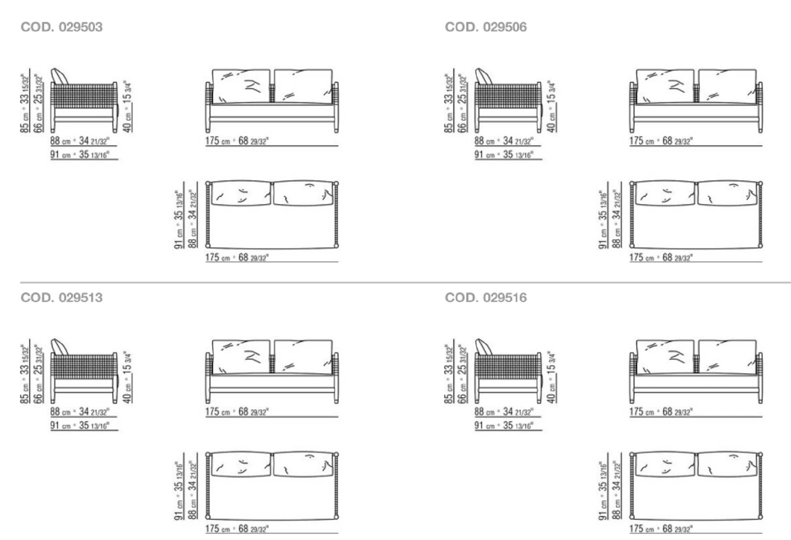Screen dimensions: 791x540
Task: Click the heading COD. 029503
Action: click(62, 27)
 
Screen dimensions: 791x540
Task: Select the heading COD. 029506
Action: click(486, 27)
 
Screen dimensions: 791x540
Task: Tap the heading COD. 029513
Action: click(62, 297)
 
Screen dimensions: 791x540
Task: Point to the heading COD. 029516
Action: click(486, 297)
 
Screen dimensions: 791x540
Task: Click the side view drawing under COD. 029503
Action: click(84, 101)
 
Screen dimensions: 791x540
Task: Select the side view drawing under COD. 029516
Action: click(508, 371)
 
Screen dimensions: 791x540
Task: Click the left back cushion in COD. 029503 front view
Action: click(241, 86)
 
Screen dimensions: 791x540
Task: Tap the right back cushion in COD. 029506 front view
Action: click(728, 86)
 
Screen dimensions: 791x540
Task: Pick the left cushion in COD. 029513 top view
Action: click(241, 464)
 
